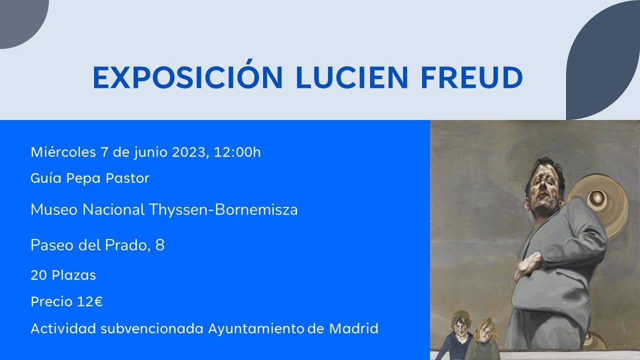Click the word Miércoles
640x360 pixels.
[x=63, y=152]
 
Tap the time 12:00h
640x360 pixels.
[x=237, y=152]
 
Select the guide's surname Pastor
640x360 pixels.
[x=127, y=178]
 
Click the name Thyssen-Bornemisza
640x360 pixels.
[x=223, y=209]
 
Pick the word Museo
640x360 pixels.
[x=54, y=210]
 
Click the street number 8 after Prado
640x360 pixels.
[x=160, y=245]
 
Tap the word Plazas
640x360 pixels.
[x=73, y=275]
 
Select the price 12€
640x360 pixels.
[x=89, y=301]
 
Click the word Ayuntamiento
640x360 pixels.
[x=256, y=328]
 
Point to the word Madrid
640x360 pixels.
[x=353, y=328]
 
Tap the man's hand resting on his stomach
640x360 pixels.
[x=528, y=265]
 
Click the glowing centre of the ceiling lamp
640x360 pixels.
[x=597, y=197]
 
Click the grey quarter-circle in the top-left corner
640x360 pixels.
[x=18, y=18]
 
